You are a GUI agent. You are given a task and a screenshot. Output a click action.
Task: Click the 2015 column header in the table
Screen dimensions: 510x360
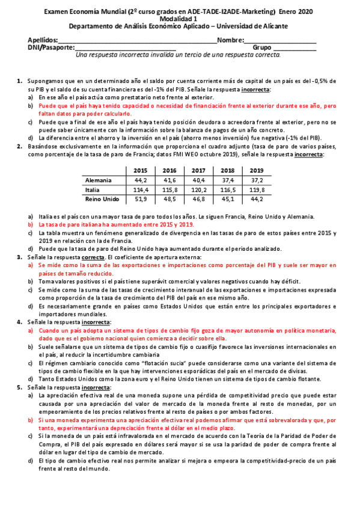141,170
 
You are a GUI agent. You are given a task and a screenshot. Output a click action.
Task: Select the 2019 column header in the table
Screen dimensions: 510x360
257,170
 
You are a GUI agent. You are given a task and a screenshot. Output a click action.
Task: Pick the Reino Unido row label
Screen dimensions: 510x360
102,199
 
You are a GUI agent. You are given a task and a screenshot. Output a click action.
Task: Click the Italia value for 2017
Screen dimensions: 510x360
199,189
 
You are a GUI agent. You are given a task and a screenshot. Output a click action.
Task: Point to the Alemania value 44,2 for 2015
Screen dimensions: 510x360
141,180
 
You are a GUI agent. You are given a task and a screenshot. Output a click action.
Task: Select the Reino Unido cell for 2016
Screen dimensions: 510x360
169,199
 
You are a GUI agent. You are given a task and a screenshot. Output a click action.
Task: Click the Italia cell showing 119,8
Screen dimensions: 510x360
257,189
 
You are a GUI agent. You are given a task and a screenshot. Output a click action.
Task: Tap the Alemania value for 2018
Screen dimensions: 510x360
228,180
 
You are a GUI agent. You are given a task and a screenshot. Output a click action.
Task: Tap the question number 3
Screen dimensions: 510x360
20,257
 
